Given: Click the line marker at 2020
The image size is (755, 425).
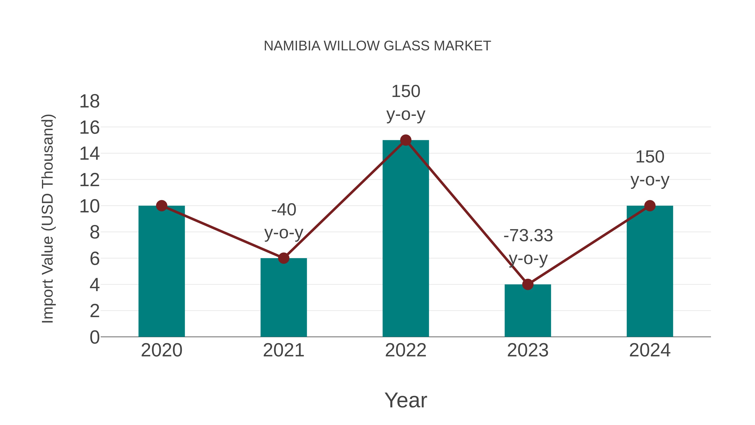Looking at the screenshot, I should [161, 206].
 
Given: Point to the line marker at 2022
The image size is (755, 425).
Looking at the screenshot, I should [406, 140].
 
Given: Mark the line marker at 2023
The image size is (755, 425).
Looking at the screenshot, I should [528, 284].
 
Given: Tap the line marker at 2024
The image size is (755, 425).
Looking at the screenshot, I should [650, 206].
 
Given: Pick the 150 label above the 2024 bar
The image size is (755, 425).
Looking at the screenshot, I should [650, 157].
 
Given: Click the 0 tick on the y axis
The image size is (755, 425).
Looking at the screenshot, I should [94, 337].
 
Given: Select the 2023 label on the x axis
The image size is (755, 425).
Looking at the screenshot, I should [528, 350].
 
